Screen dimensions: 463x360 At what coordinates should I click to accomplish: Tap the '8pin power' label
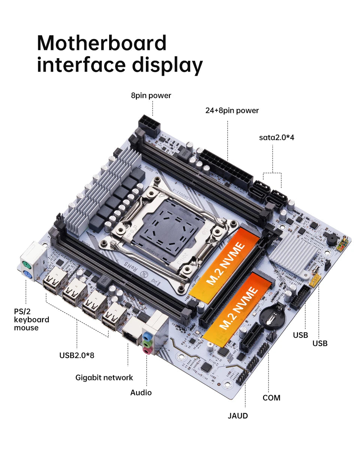click(x=151, y=96)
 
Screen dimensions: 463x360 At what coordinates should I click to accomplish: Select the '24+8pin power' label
click(x=232, y=111)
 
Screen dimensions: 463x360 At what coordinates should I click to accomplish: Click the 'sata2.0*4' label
click(x=276, y=137)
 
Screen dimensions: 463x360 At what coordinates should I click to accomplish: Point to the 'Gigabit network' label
click(x=104, y=377)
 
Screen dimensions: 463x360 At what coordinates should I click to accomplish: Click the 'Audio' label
click(x=141, y=392)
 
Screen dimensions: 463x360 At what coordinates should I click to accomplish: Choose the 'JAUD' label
click(x=238, y=416)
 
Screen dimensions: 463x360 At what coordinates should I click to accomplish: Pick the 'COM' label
click(x=271, y=398)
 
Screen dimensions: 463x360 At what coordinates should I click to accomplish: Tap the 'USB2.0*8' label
click(x=76, y=355)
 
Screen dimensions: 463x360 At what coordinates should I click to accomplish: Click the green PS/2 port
click(x=25, y=263)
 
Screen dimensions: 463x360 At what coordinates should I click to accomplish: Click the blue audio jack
click(x=147, y=335)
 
